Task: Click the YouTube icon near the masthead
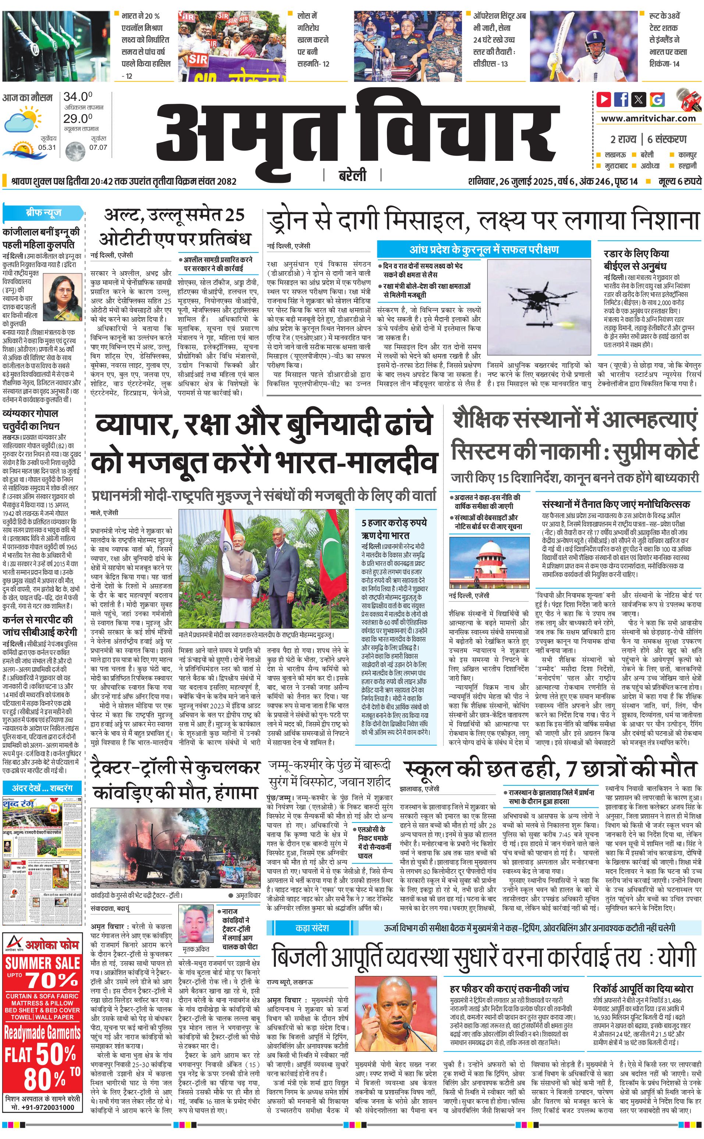click(604, 99)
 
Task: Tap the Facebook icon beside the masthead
click(621, 99)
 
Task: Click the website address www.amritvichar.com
click(648, 119)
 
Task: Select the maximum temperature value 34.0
click(78, 97)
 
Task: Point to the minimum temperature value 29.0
click(78, 119)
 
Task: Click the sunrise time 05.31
click(47, 147)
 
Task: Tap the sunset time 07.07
click(98, 147)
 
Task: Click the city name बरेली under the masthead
click(352, 176)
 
